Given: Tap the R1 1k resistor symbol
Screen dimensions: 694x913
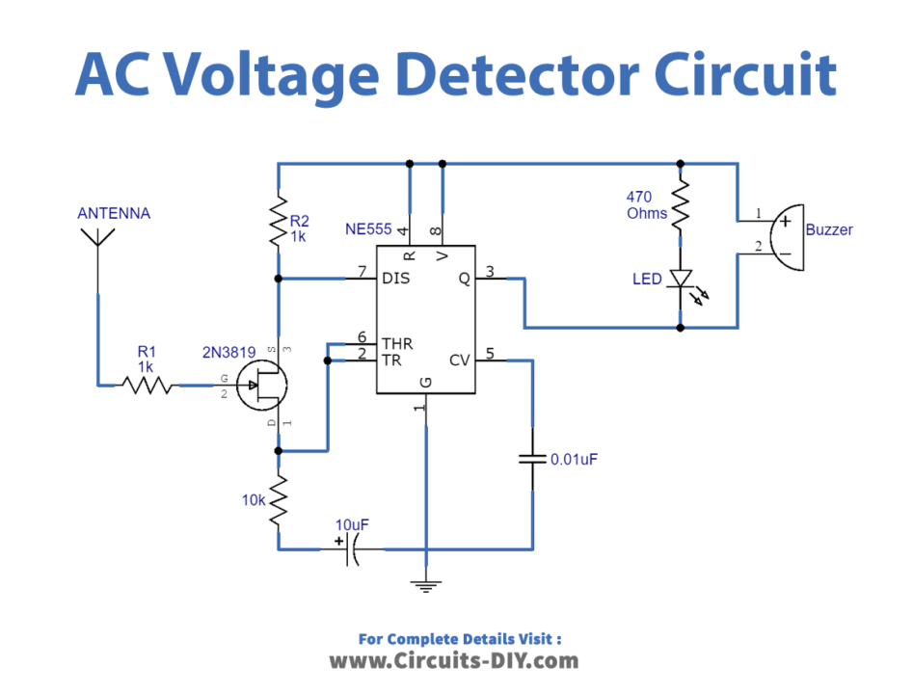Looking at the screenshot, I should [x=147, y=386].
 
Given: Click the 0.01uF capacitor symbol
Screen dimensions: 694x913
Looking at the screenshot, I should [x=532, y=459].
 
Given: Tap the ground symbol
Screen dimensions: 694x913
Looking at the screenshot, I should [x=425, y=582].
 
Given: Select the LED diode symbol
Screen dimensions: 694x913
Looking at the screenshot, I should [x=682, y=280].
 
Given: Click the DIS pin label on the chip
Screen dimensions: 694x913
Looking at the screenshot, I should [x=396, y=279].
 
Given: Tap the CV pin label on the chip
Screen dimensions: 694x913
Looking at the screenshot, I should [x=460, y=360].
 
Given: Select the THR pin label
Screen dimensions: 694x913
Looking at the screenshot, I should [x=397, y=343].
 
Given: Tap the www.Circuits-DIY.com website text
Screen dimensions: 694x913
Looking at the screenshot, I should [x=454, y=660].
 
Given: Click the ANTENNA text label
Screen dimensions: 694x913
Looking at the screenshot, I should [x=114, y=213].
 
